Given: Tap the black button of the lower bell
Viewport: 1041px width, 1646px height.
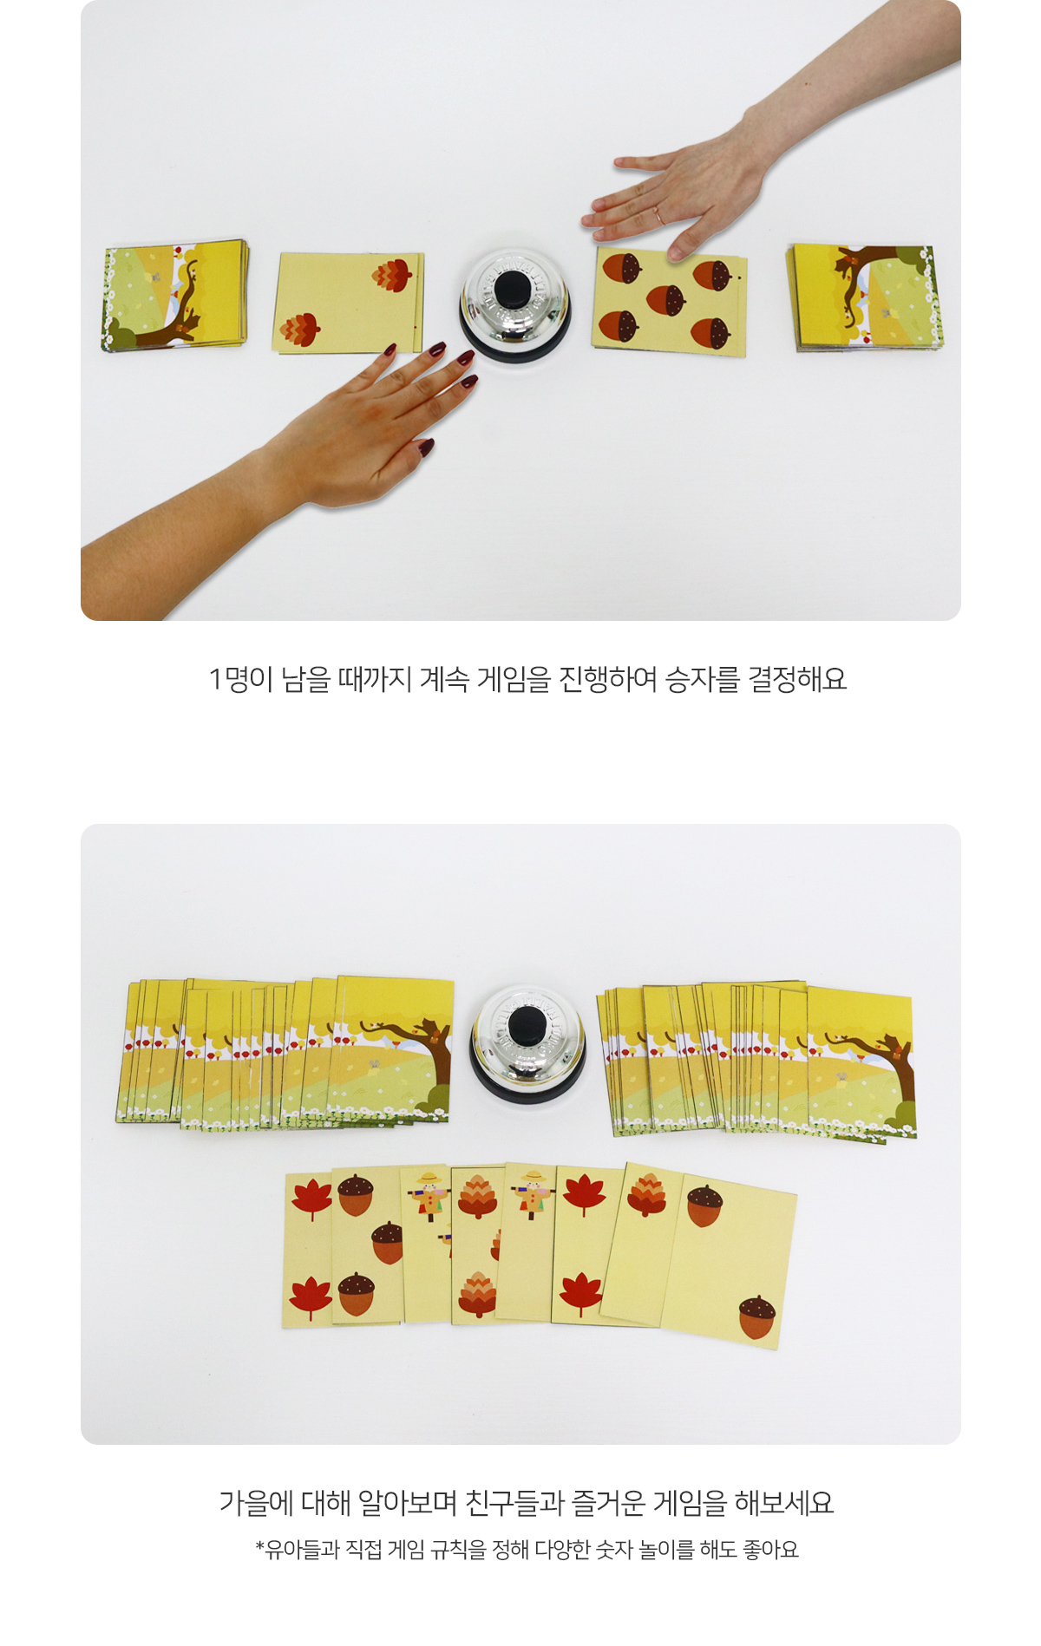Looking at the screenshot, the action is (527, 1027).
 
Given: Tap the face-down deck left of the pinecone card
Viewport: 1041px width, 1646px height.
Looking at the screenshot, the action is (175, 296).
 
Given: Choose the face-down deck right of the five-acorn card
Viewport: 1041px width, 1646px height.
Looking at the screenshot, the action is (863, 297).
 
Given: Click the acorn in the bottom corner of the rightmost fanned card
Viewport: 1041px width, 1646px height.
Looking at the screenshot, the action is (758, 1316).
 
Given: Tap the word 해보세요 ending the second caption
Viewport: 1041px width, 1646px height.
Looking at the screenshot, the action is (783, 1503).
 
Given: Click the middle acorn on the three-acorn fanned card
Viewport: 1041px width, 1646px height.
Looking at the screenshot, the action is (388, 1243).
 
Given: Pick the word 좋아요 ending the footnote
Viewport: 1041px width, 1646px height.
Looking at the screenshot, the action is (770, 1550).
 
